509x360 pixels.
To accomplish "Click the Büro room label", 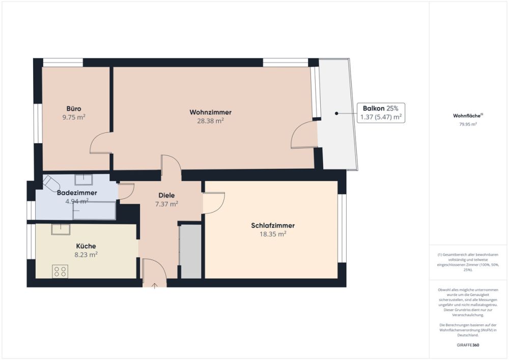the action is coord(74,109).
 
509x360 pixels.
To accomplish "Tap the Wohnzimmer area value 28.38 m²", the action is coord(210,121).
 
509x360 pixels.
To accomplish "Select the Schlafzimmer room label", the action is coord(273,225).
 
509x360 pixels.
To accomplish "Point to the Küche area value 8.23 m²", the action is coord(86,255).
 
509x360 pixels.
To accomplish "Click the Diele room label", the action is coord(166,196).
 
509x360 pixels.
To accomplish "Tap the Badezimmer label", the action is coord(77,193).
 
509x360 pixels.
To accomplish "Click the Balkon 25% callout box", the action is coord(381,113).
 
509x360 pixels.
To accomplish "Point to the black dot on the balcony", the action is coord(336,113).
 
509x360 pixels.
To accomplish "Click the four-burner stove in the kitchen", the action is coord(60,271).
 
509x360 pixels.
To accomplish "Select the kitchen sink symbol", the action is coord(61,229).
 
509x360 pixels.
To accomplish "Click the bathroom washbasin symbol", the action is coord(84,180).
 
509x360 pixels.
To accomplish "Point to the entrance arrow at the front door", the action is coord(155,286).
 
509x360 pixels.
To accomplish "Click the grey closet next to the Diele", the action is coord(190,251).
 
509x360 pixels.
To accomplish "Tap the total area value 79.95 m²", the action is coord(468,124).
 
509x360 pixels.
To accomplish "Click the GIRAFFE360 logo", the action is coord(468,345).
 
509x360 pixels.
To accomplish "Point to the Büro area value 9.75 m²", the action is coord(74,117).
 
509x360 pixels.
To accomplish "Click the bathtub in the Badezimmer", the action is coord(94,210).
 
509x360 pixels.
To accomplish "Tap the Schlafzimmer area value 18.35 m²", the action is coord(273,234).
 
